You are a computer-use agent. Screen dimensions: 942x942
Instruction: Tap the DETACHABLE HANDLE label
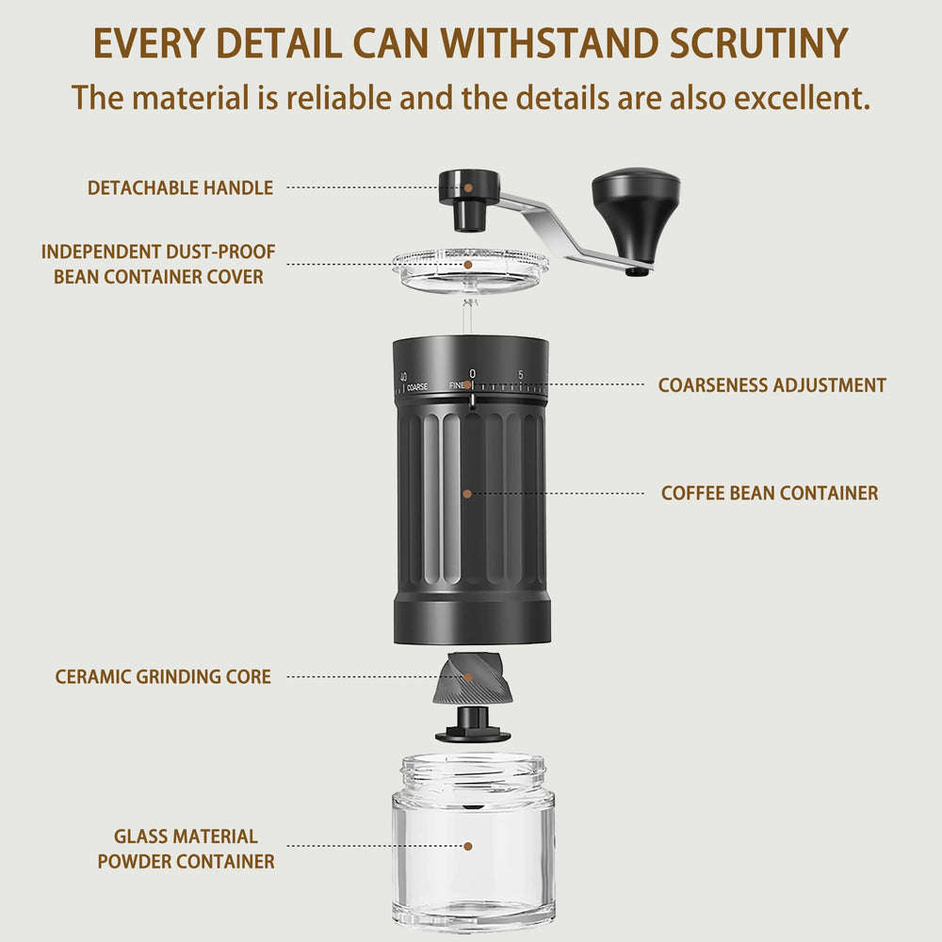pos(180,187)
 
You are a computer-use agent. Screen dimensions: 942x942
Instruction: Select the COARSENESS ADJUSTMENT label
pos(771,384)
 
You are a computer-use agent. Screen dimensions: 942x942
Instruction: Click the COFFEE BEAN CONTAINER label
pos(769,493)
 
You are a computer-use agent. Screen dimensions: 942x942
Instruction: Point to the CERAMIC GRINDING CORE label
pos(163,676)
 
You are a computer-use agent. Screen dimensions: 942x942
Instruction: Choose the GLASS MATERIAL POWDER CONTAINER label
pos(186,848)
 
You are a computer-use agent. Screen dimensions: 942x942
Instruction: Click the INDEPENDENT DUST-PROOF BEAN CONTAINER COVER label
pos(158,264)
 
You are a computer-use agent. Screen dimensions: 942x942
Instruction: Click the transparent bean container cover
pos(470,270)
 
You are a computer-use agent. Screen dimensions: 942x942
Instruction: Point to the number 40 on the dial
pos(403,377)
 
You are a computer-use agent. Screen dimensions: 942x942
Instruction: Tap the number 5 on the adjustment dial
pos(521,375)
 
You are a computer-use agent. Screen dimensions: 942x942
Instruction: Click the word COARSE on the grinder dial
pos(417,386)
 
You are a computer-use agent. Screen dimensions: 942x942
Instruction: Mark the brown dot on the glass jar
pos(468,847)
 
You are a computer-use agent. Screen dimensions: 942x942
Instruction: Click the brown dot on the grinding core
pos(467,676)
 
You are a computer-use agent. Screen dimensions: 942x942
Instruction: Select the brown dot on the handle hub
pos(468,187)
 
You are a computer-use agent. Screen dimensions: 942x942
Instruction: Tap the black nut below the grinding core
pos(473,725)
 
